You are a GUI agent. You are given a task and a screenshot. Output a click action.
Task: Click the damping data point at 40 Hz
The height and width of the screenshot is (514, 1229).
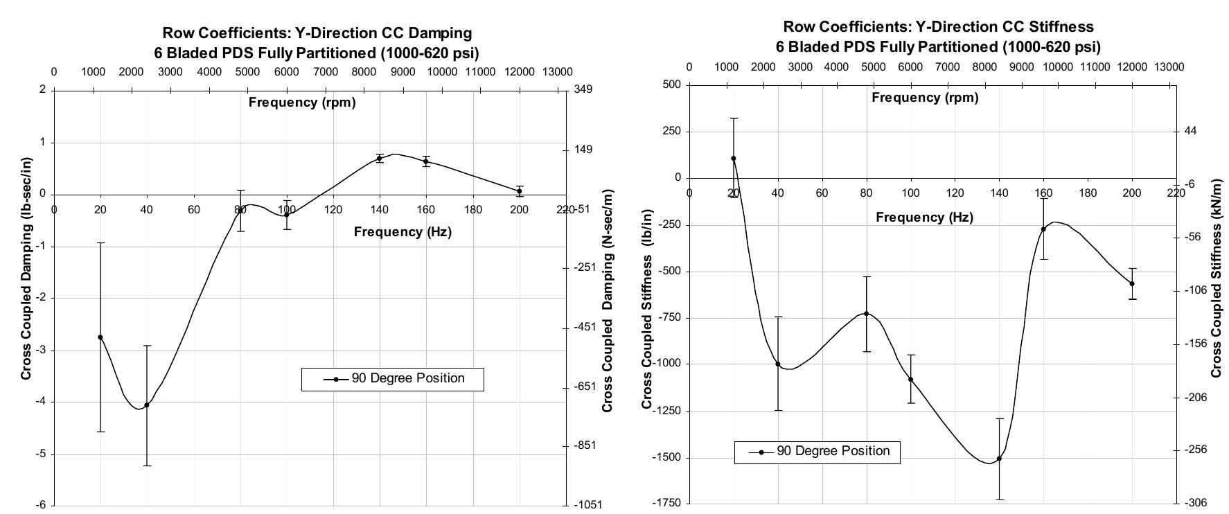click(147, 405)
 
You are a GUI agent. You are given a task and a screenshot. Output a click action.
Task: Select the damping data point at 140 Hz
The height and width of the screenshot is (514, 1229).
click(380, 159)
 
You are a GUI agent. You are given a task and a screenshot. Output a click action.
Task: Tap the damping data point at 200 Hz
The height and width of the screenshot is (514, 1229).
click(520, 191)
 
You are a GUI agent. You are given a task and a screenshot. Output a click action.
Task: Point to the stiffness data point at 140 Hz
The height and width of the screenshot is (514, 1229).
click(999, 459)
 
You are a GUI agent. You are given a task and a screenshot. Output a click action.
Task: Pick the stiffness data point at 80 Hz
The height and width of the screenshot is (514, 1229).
click(866, 314)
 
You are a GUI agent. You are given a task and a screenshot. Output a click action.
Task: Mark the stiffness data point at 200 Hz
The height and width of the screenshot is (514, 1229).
click(1132, 283)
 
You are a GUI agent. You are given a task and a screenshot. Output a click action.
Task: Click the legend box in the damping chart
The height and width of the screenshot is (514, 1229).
click(393, 379)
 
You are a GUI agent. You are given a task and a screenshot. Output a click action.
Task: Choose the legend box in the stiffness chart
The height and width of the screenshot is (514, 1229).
click(817, 452)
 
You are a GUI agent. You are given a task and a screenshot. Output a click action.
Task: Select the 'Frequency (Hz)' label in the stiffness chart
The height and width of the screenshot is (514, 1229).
click(924, 218)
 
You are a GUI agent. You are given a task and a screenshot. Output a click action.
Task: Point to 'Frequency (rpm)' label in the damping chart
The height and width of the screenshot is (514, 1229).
click(302, 103)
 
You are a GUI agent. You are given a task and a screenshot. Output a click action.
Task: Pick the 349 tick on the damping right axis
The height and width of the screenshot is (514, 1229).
click(583, 89)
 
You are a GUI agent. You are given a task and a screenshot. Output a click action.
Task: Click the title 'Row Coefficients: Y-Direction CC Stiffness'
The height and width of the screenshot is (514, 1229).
click(938, 27)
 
